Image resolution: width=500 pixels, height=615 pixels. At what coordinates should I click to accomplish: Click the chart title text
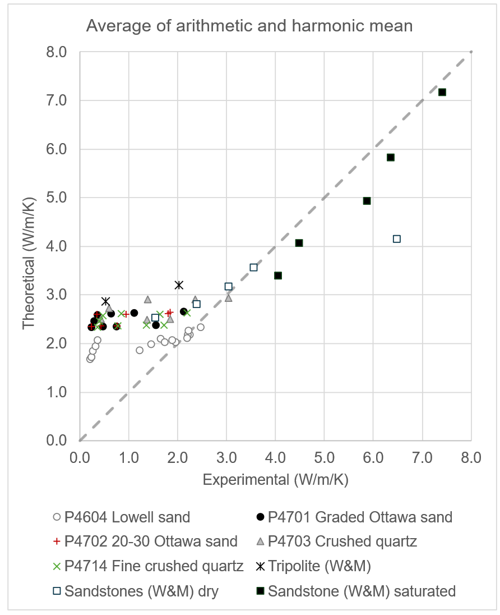(249, 26)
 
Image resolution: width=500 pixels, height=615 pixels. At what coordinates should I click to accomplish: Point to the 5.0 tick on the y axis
(58, 198)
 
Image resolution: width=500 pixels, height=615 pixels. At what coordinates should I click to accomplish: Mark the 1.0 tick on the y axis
(58, 392)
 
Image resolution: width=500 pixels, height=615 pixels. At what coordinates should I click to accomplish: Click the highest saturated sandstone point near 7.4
(442, 92)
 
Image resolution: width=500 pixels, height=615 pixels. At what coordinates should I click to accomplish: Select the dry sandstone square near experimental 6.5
(397, 239)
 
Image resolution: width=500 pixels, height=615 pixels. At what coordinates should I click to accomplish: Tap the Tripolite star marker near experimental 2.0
(179, 285)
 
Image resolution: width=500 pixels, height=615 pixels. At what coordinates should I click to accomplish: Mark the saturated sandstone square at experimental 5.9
(367, 201)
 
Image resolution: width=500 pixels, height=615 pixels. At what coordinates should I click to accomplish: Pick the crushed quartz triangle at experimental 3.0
(228, 297)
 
